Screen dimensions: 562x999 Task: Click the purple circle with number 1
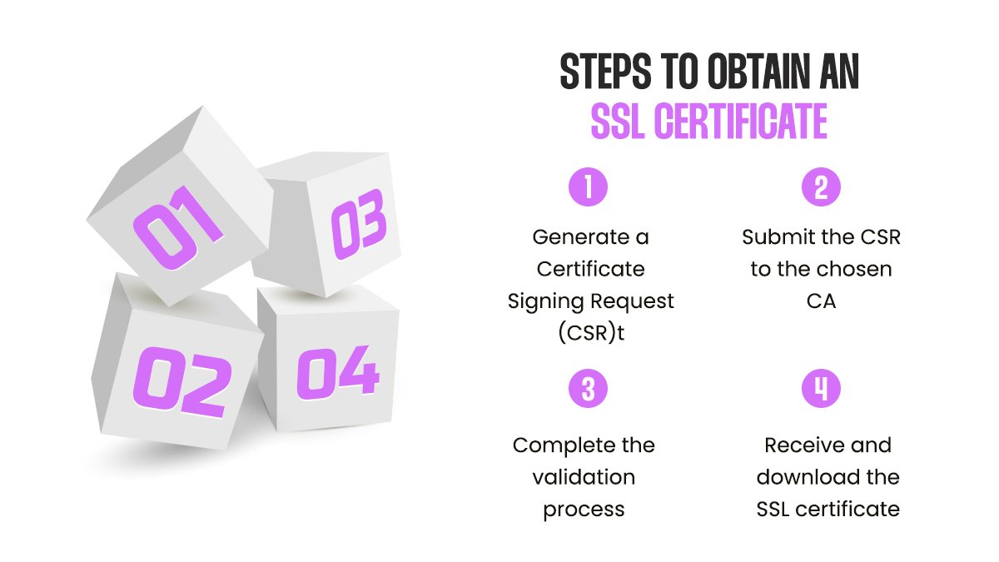(x=589, y=187)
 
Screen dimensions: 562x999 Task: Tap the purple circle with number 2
(x=821, y=187)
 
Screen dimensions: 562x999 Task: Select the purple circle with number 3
(x=589, y=389)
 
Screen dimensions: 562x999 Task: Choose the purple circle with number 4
(x=821, y=389)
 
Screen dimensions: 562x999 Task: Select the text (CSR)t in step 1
(x=590, y=333)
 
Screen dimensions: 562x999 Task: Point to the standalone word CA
(x=821, y=301)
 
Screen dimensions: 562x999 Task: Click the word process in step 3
(x=584, y=509)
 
